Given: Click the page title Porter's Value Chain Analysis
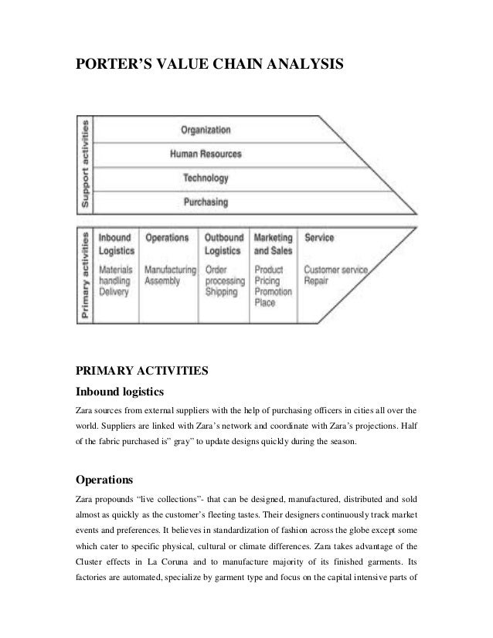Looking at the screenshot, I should (x=209, y=67).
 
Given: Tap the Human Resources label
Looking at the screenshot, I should (x=206, y=154).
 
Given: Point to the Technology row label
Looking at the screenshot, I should (x=206, y=178).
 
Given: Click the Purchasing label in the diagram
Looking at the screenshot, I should (x=206, y=202).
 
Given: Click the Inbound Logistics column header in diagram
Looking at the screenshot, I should (x=116, y=244).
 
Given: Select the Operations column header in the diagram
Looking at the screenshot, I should (x=166, y=238).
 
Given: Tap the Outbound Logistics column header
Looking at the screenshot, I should (x=223, y=244).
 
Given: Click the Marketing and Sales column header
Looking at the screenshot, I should (x=273, y=244).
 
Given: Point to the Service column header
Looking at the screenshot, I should (x=319, y=238).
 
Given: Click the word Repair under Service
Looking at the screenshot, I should (x=317, y=281).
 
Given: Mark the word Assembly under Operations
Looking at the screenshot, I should (x=162, y=281).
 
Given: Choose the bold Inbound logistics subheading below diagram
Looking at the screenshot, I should (x=119, y=392).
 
